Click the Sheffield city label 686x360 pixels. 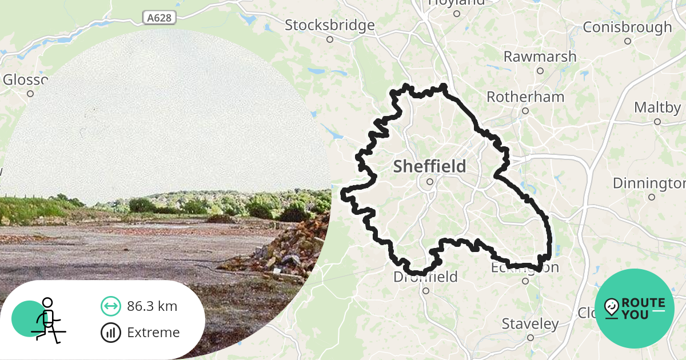[429, 166]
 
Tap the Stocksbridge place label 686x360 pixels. [330, 25]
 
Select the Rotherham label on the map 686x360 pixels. [525, 97]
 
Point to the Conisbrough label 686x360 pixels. [627, 27]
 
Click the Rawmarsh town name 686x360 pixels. [540, 57]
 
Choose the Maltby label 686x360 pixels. [657, 107]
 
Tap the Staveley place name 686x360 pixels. [530, 324]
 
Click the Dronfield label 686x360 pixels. [425, 277]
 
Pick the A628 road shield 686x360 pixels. [158, 18]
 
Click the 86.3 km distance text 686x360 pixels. [152, 306]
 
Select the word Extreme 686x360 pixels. [153, 332]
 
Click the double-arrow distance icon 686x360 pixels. [110, 306]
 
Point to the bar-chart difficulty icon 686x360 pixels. [110, 332]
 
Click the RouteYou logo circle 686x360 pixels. [635, 309]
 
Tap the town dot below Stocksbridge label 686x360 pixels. [330, 39]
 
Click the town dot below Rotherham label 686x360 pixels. [525, 111]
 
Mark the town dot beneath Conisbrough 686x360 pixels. [627, 41]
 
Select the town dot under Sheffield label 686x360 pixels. [430, 182]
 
